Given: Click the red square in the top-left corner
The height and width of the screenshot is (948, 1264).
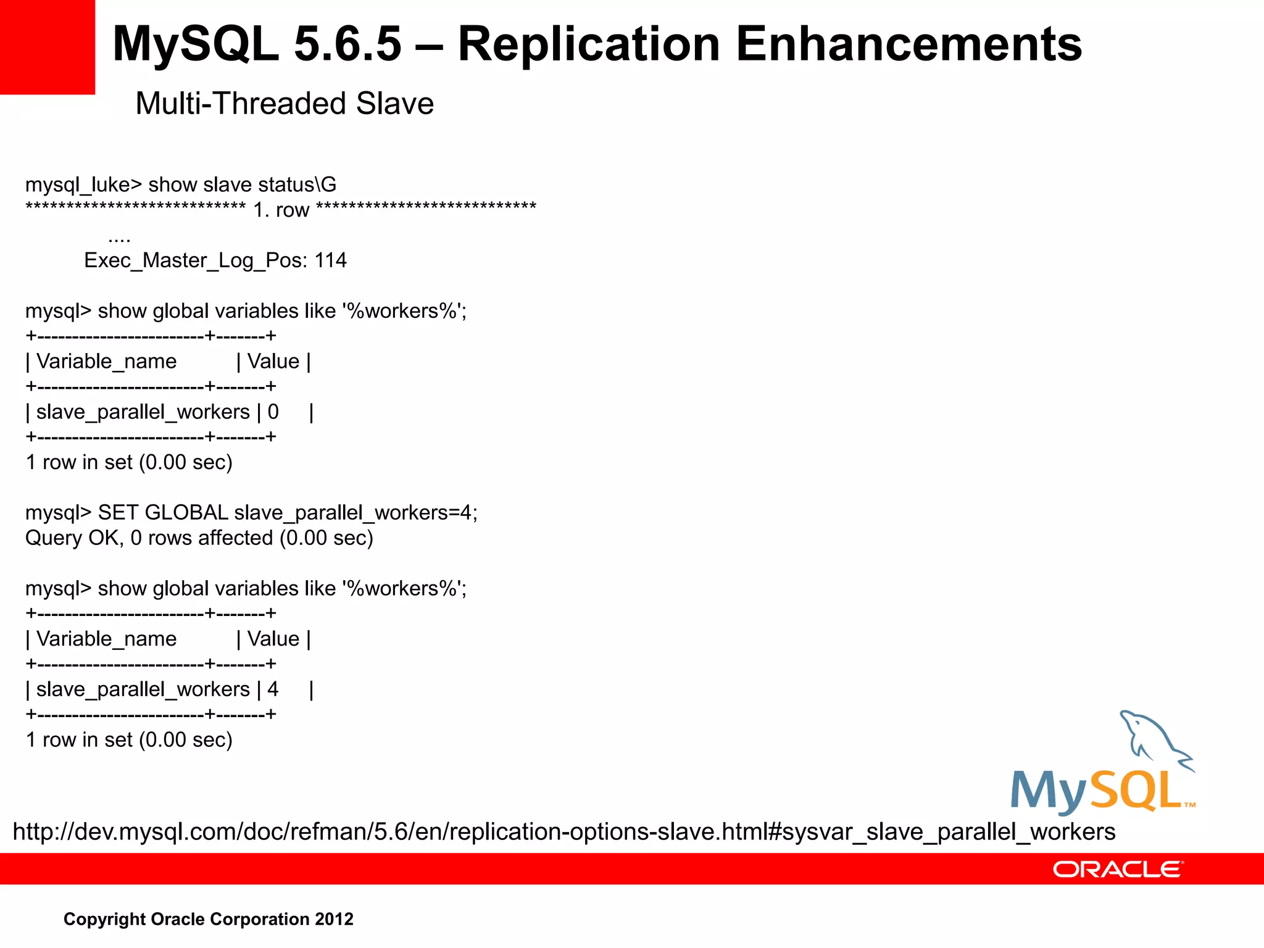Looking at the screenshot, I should pyautogui.click(x=47, y=47).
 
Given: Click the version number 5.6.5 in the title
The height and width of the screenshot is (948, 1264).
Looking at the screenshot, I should pyautogui.click(x=347, y=44).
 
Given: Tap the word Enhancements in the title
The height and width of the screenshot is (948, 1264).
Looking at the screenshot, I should pyautogui.click(x=908, y=44).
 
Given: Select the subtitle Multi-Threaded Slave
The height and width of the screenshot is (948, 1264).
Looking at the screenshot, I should pyautogui.click(x=285, y=104).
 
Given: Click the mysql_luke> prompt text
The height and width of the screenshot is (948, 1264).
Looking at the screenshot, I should pyautogui.click(x=83, y=185).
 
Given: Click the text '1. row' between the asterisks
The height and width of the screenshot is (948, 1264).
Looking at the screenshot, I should pyautogui.click(x=281, y=210).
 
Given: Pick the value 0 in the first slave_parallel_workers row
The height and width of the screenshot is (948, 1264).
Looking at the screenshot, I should pyautogui.click(x=273, y=412).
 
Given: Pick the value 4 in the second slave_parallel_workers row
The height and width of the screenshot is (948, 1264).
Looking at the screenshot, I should pyautogui.click(x=273, y=689).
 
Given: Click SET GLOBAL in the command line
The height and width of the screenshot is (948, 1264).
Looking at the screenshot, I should pyautogui.click(x=163, y=513).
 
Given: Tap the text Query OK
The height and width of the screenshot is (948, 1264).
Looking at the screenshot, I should pyautogui.click(x=72, y=538).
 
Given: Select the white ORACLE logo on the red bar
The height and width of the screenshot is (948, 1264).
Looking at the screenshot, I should pyautogui.click(x=1117, y=870).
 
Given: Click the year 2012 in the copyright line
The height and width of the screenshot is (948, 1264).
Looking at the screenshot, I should pyautogui.click(x=334, y=919).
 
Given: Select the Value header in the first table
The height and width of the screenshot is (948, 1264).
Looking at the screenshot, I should pyautogui.click(x=273, y=362).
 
